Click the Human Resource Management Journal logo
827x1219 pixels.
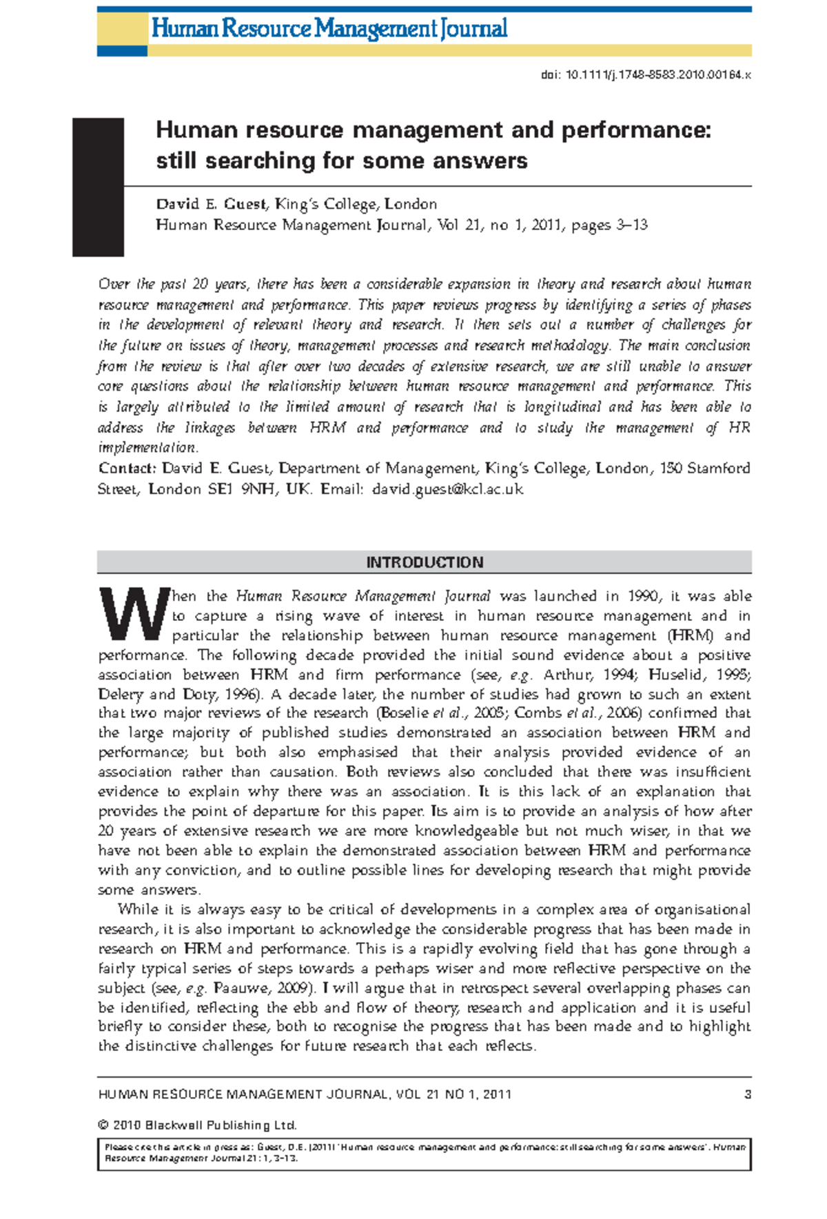pyautogui.click(x=329, y=29)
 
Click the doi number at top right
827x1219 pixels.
pyautogui.click(x=646, y=75)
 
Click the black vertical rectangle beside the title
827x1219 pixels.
pyautogui.click(x=98, y=187)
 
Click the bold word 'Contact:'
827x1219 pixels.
pyautogui.click(x=127, y=469)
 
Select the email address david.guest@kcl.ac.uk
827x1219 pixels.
pyautogui.click(x=447, y=489)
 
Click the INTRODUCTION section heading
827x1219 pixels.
pyautogui.click(x=424, y=562)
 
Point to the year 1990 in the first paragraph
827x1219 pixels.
pyautogui.click(x=644, y=596)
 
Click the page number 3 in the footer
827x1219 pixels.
pyautogui.click(x=748, y=1094)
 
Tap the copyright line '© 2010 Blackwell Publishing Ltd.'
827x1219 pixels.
pyautogui.click(x=197, y=1125)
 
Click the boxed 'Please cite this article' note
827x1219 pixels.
pyautogui.click(x=424, y=1152)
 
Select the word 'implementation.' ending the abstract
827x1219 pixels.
pyautogui.click(x=147, y=448)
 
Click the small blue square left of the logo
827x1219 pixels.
pyautogui.click(x=122, y=51)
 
